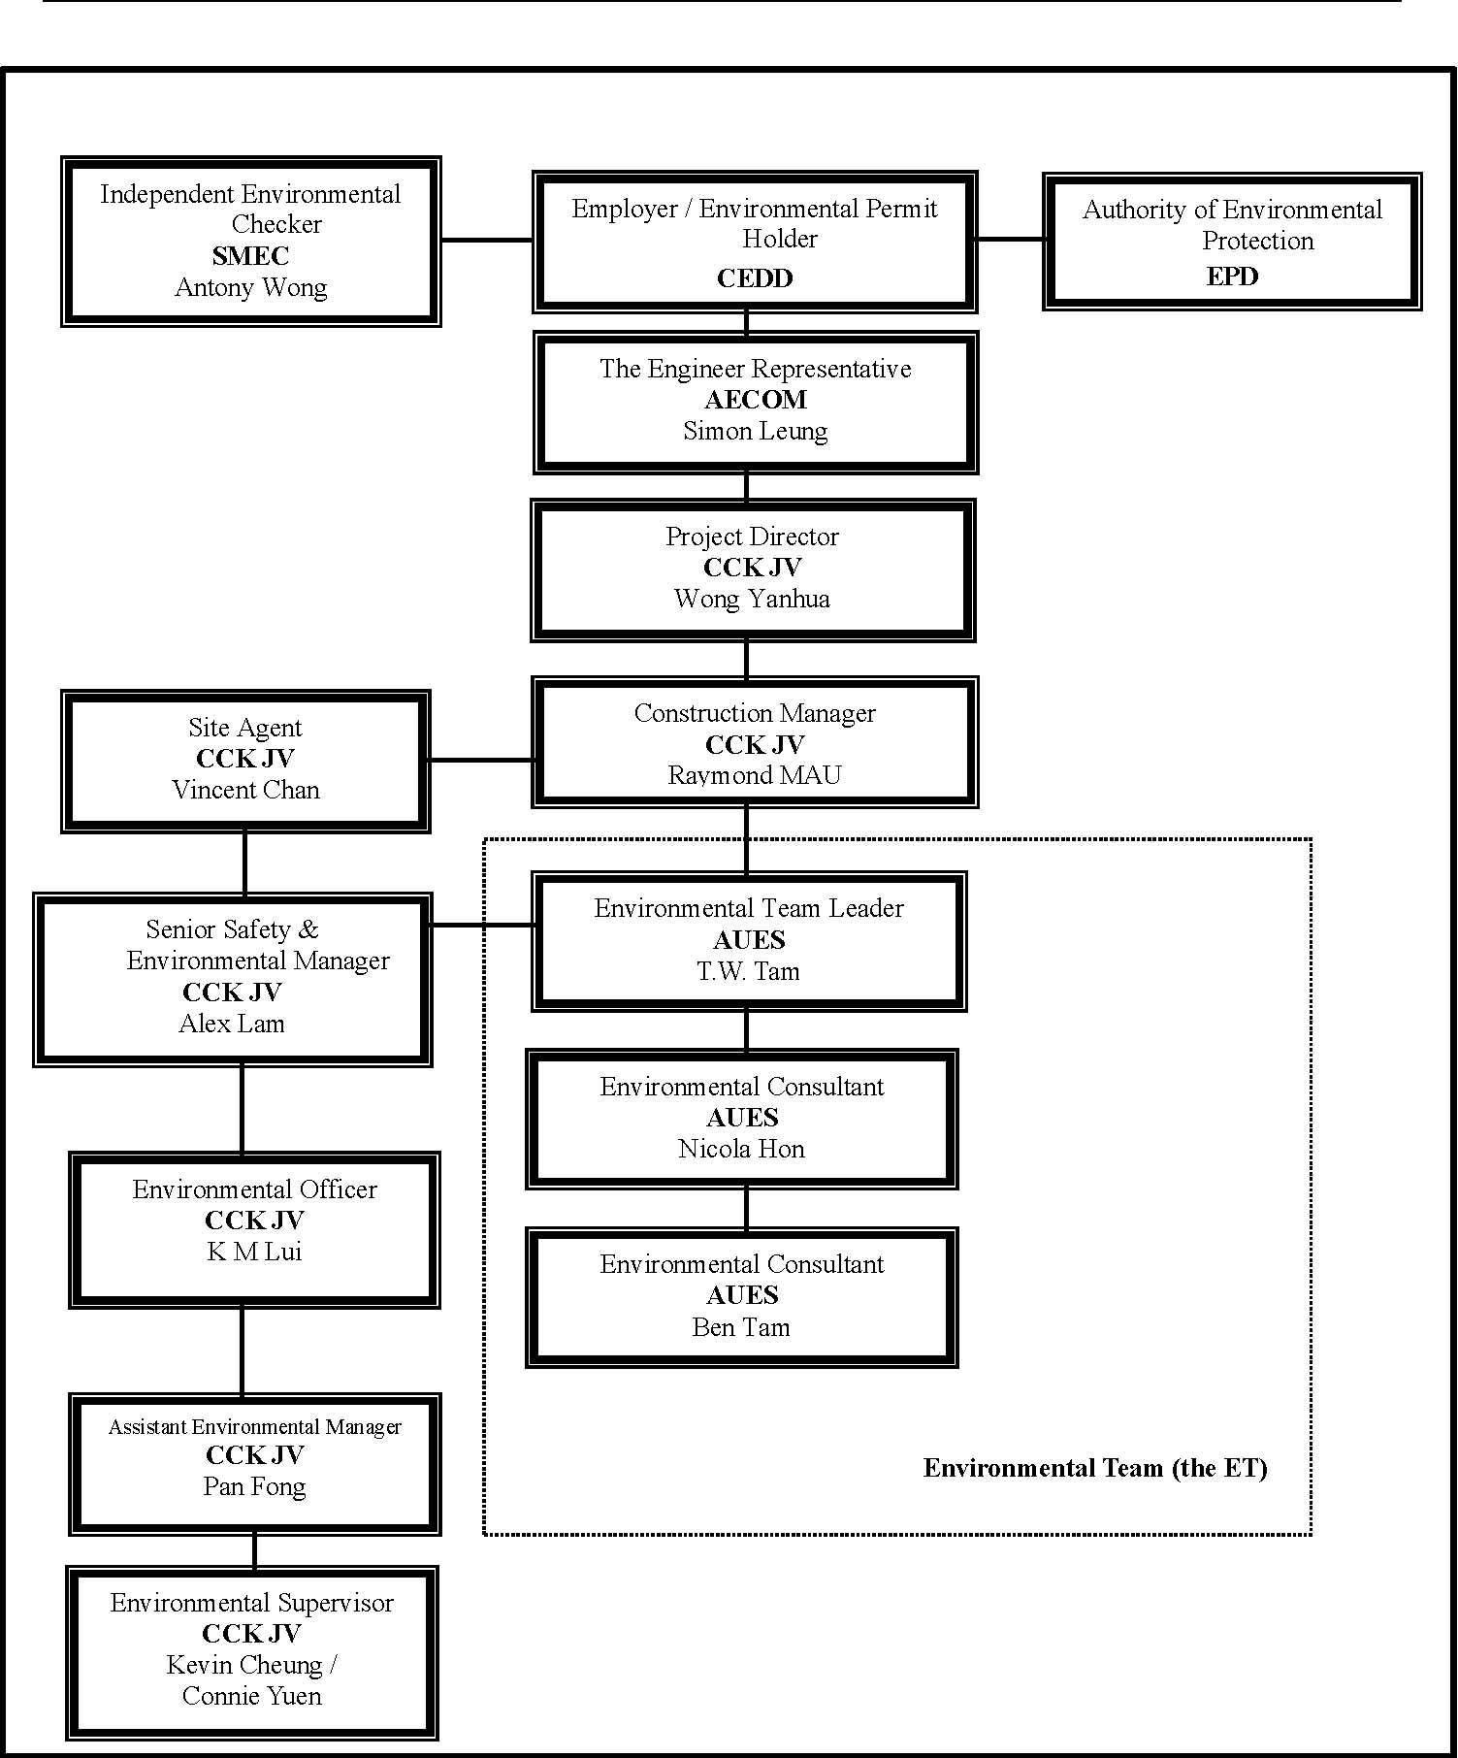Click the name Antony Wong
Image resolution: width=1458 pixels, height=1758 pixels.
[251, 288]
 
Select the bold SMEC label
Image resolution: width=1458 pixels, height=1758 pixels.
[250, 256]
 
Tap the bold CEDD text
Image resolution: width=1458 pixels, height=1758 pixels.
[755, 278]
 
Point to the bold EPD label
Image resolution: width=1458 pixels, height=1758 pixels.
[1232, 277]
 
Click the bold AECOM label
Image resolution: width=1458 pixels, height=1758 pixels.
[756, 400]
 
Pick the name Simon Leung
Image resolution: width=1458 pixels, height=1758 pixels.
[756, 432]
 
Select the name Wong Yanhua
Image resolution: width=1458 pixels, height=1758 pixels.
[753, 600]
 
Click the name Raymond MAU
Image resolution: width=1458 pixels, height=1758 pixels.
[755, 775]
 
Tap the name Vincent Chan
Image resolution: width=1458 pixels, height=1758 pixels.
[246, 790]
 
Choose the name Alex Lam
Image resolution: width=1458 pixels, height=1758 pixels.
[232, 1024]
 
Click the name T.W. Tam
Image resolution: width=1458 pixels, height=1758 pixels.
[748, 971]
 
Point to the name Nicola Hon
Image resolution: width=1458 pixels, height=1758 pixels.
[741, 1149]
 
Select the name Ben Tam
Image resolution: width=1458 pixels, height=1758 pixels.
[741, 1327]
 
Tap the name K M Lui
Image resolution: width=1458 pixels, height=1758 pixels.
[254, 1252]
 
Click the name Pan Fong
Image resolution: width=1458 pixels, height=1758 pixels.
[254, 1487]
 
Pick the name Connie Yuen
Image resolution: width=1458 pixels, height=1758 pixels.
[252, 1696]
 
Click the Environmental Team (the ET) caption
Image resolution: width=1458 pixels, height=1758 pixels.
[1095, 1468]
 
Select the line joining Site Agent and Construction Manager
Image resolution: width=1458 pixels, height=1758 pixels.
[481, 760]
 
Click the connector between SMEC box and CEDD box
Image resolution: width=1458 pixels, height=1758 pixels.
[487, 240]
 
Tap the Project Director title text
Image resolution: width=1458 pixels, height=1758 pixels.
[752, 537]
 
